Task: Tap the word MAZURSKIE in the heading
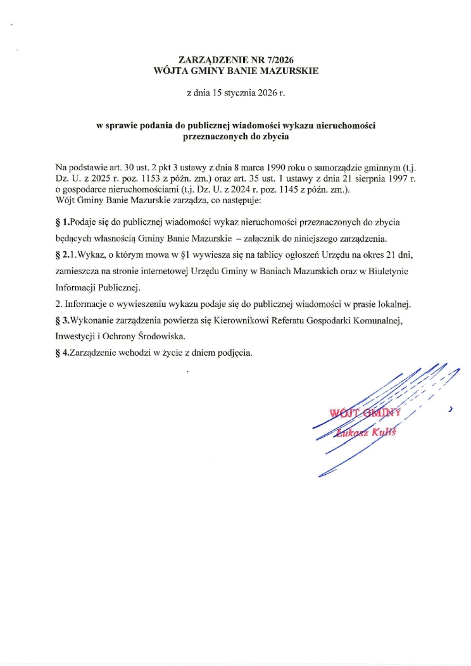pos(290,71)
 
